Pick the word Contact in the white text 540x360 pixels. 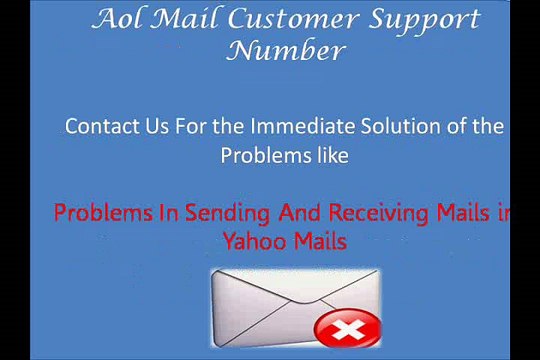pos(100,127)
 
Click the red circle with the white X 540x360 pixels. pos(346,328)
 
